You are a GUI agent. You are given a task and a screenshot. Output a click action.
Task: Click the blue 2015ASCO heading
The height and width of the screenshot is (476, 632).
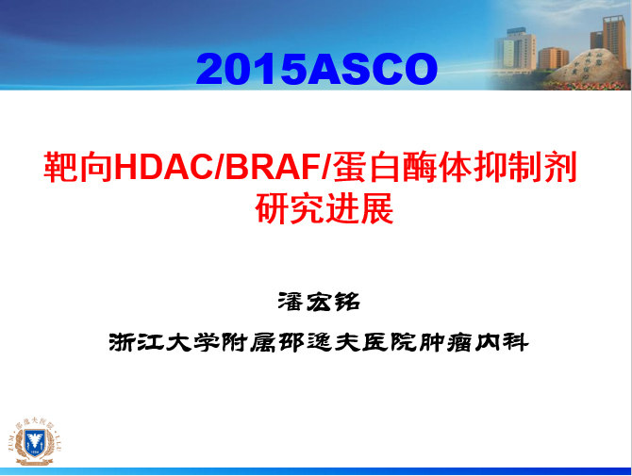[x=316, y=69]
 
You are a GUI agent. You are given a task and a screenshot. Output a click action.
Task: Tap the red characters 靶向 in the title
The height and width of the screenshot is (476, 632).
[x=78, y=167]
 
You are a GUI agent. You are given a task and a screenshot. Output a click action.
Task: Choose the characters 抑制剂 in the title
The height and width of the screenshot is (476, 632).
[x=525, y=167]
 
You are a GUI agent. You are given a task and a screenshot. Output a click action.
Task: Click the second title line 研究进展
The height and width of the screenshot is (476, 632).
[x=324, y=208]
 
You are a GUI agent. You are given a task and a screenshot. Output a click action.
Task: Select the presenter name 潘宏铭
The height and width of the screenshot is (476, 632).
[x=319, y=302]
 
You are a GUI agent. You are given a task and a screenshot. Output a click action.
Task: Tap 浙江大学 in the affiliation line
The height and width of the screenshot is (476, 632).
[x=164, y=343]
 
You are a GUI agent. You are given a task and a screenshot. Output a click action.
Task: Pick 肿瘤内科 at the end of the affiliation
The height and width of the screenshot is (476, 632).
[x=473, y=343]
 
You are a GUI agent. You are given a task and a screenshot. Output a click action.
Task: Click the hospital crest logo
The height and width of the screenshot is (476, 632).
[x=35, y=442]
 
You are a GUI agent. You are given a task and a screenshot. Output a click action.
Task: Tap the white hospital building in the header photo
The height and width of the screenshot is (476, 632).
[x=515, y=51]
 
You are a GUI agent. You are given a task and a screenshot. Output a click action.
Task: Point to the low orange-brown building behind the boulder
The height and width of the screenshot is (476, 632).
[x=553, y=58]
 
